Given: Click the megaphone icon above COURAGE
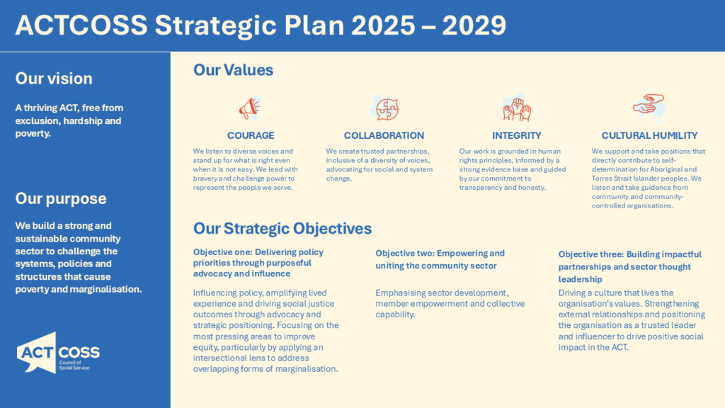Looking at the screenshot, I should pyautogui.click(x=250, y=108).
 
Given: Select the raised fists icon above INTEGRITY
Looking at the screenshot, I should pyautogui.click(x=516, y=108).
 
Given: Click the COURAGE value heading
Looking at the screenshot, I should pyautogui.click(x=251, y=135).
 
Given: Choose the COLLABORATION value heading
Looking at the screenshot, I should pyautogui.click(x=384, y=135).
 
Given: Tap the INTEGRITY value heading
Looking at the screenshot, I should pyautogui.click(x=516, y=135).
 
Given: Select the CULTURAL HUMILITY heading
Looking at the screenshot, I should pyautogui.click(x=649, y=135).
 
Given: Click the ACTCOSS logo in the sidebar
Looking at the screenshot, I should pyautogui.click(x=58, y=353).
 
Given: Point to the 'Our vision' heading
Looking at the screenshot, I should pyautogui.click(x=54, y=79).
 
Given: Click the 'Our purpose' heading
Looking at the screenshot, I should pyautogui.click(x=61, y=199).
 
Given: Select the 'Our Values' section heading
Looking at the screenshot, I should pyautogui.click(x=233, y=70).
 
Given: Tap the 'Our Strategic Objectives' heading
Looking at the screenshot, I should pyautogui.click(x=282, y=228).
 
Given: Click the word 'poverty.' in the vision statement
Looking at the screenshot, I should pyautogui.click(x=33, y=133).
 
